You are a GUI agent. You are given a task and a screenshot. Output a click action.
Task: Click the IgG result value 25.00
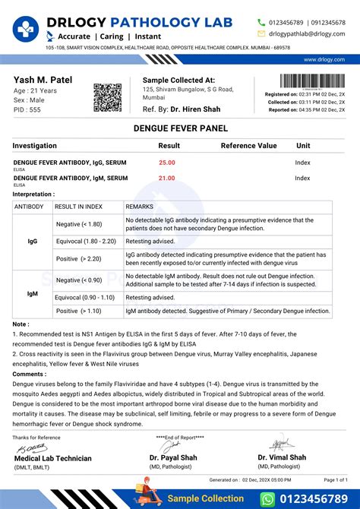pyautogui.click(x=166, y=163)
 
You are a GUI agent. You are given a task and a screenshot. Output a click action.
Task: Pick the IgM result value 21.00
pyautogui.click(x=166, y=178)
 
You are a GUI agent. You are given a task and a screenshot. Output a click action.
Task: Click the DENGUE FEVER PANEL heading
pyautogui.click(x=179, y=131)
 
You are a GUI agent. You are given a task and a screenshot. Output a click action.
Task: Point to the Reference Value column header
pyautogui.click(x=248, y=145)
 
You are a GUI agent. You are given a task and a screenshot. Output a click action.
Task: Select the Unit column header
pyautogui.click(x=303, y=145)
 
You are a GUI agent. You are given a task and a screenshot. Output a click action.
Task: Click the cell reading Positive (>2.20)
pyautogui.click(x=88, y=259)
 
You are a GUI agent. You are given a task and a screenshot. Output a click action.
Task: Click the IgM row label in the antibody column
pyautogui.click(x=33, y=293)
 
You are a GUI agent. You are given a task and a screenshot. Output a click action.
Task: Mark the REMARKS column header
pyautogui.click(x=140, y=206)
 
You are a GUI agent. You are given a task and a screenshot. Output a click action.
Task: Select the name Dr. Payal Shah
pyautogui.click(x=174, y=457)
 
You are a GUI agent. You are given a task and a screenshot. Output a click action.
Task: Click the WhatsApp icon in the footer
pyautogui.click(x=267, y=498)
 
